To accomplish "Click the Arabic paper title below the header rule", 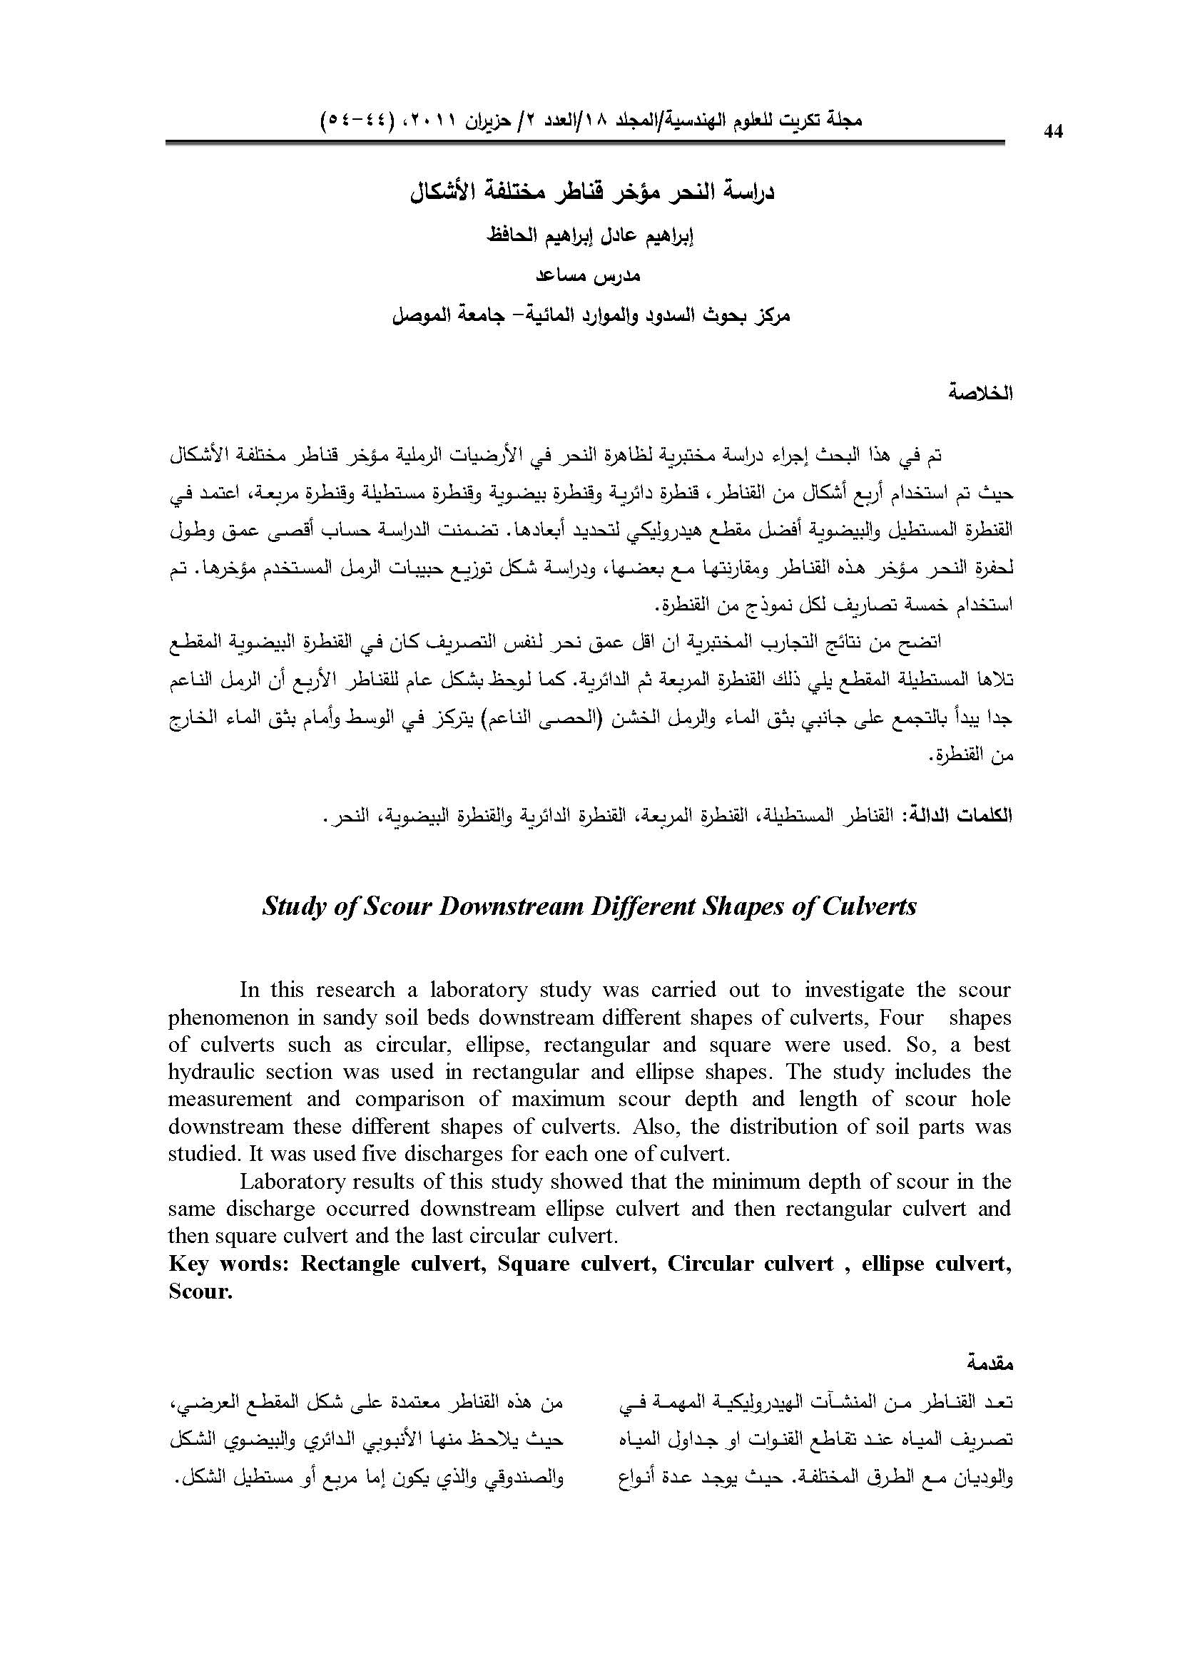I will click(589, 194).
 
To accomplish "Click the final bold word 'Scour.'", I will click(200, 1291).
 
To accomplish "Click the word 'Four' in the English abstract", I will click(901, 1017).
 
